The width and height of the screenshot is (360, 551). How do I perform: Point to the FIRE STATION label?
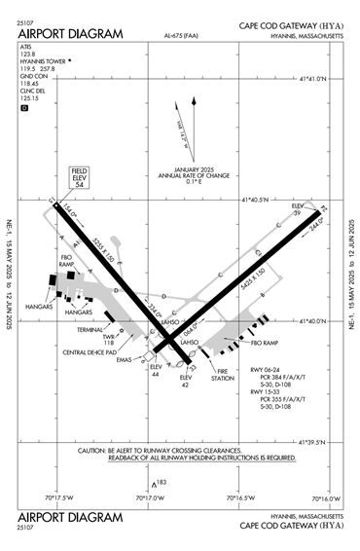coord(223,374)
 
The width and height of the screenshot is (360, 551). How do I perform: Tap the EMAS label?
coord(124,360)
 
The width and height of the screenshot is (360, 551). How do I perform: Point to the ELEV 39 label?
coord(298,210)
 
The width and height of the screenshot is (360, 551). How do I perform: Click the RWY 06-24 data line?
coord(269,371)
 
